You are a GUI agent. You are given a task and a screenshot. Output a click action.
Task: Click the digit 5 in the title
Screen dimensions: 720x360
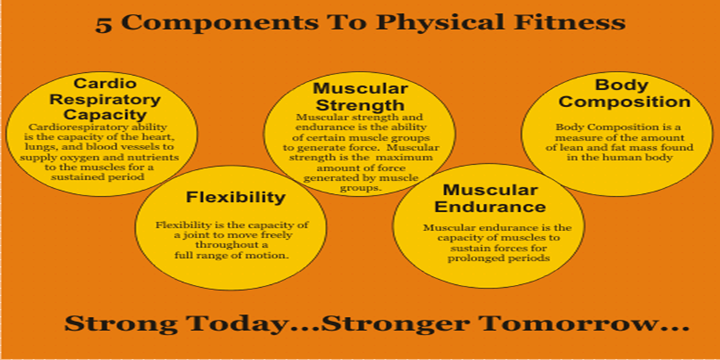[x=103, y=24]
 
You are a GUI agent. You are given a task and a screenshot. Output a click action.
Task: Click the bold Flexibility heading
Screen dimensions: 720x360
[x=235, y=197]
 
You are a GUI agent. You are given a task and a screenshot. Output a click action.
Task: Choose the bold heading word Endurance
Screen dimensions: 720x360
[x=490, y=206]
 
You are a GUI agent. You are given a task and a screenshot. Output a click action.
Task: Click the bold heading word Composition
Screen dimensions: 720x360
[x=624, y=101]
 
